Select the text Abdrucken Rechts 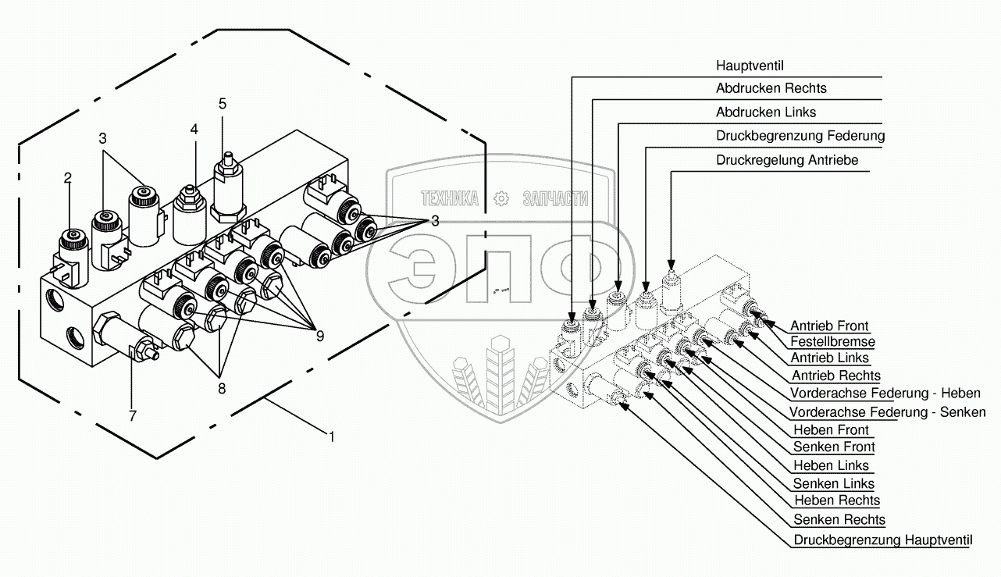click(771, 88)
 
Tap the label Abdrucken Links click(765, 112)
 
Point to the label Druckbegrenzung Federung click(800, 135)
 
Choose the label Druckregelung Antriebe click(787, 159)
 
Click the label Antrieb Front click(829, 326)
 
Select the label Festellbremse click(832, 341)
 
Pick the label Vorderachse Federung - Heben click(885, 393)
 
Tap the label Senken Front click(834, 447)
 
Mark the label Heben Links click(831, 465)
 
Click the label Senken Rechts click(839, 519)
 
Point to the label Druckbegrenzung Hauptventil click(884, 540)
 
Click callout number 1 click(332, 437)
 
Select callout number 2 click(68, 178)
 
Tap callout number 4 click(194, 130)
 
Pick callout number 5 click(223, 103)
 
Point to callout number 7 click(133, 416)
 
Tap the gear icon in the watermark click(501, 198)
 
